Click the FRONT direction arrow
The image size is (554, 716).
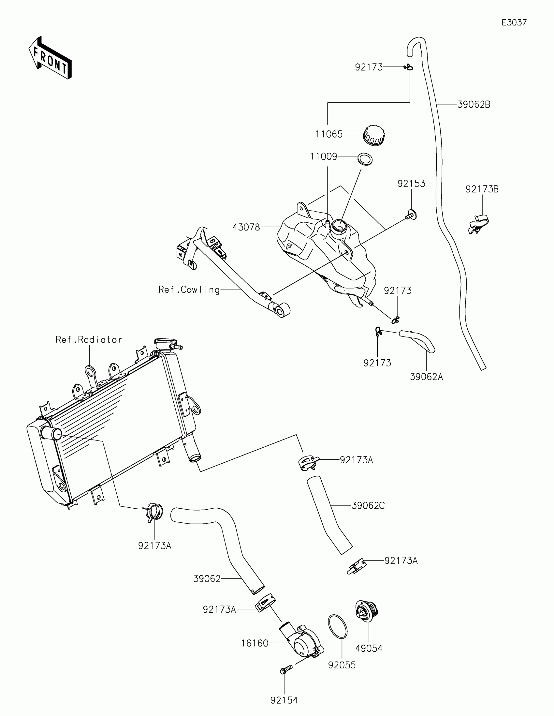50,58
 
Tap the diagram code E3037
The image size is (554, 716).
514,22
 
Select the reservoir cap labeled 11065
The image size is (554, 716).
374,135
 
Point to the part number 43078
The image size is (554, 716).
246,227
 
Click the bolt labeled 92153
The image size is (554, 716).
412,216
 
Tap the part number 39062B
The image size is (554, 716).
474,105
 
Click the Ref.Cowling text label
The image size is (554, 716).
189,290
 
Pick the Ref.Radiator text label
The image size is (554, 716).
89,339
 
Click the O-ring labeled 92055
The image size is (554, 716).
337,627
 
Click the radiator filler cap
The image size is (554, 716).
165,344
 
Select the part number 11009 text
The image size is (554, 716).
324,157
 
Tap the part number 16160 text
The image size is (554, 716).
255,643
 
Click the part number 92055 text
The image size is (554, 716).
342,665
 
